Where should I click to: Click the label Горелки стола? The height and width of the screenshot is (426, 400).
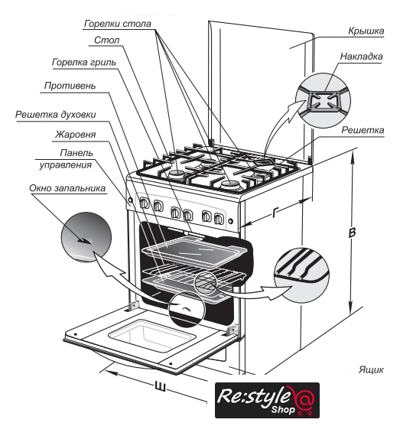(x=117, y=24)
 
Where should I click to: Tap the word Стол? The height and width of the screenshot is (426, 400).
(x=107, y=41)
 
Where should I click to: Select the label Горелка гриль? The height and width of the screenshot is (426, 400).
(x=84, y=63)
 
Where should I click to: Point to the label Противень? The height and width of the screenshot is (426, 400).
(x=70, y=86)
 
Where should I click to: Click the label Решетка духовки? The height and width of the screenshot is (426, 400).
(x=55, y=115)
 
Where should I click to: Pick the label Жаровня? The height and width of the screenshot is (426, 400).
(x=76, y=135)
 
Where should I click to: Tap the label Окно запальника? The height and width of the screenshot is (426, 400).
(x=67, y=188)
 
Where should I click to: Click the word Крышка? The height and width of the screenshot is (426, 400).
(x=366, y=31)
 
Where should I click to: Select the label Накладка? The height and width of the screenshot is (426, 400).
(x=362, y=57)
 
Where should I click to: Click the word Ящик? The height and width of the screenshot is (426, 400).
(x=371, y=370)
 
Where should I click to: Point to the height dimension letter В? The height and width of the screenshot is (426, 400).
(x=352, y=233)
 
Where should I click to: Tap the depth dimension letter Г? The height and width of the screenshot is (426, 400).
(x=275, y=213)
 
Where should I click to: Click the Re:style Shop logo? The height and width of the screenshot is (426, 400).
(x=267, y=400)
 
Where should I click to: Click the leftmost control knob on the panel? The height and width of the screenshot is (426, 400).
(x=144, y=203)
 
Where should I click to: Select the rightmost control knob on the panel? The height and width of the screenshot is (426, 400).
(x=219, y=219)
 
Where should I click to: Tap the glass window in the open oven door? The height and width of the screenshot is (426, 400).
(x=152, y=336)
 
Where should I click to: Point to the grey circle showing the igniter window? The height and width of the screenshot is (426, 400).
(x=86, y=237)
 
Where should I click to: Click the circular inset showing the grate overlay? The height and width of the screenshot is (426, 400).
(x=323, y=99)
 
